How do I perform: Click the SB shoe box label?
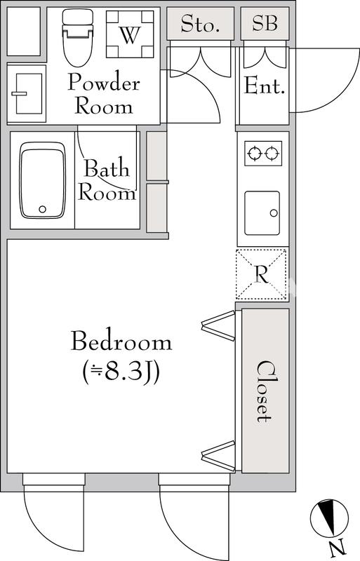[x=265, y=24]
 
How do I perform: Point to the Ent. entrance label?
[x=264, y=87]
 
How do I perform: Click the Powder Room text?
[x=104, y=95]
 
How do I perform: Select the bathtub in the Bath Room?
[x=43, y=181]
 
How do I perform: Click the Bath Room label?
[x=107, y=181]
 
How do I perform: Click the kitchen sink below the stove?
[x=262, y=210]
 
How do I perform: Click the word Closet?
[x=264, y=391]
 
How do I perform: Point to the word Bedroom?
[x=121, y=342]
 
